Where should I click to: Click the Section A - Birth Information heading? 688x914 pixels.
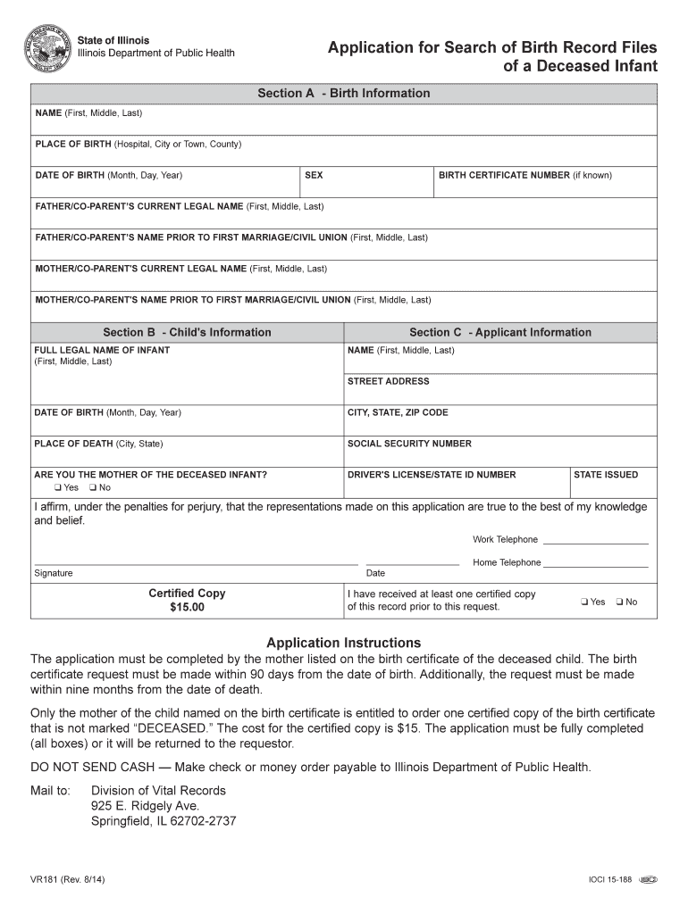pos(344,93)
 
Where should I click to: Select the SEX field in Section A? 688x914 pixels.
pos(366,182)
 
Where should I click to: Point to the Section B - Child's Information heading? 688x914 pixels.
pos(187,332)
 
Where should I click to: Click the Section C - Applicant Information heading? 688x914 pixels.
pos(500,332)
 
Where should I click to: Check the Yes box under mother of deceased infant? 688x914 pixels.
pos(57,488)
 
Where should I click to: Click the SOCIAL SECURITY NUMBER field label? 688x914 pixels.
pos(409,444)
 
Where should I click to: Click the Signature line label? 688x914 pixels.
pos(54,573)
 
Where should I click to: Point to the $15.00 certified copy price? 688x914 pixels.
pos(187,607)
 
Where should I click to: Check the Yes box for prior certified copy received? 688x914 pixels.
pos(583,602)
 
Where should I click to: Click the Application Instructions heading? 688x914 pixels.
pos(344,643)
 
